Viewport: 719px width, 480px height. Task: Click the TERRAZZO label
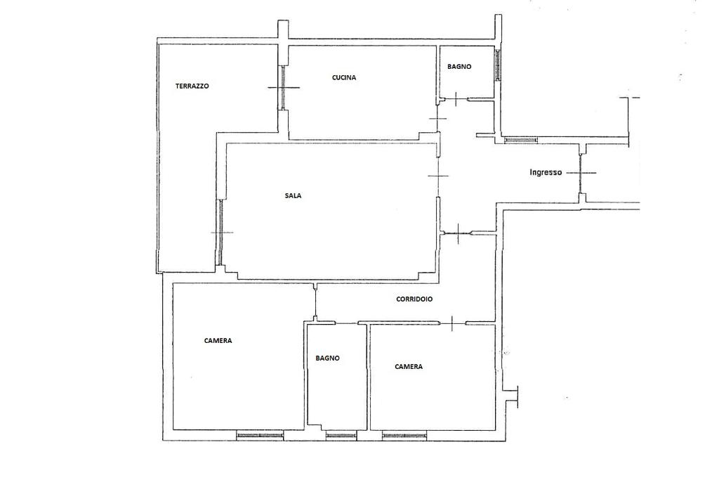coord(192,86)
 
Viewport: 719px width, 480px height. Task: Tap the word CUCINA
coord(344,77)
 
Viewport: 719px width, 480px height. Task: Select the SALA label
coord(293,195)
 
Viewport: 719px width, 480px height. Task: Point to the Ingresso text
coord(546,173)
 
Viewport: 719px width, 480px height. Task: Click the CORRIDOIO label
coord(414,299)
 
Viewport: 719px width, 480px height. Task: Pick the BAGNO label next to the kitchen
coord(459,67)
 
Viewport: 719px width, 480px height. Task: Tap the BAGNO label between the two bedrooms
coord(328,358)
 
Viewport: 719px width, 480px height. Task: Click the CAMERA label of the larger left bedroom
coord(218,340)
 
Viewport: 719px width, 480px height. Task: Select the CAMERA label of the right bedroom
coord(409,367)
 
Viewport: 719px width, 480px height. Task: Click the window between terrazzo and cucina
coord(284,87)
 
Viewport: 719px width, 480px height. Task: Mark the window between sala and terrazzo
coord(220,232)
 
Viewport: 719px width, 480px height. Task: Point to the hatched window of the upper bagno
coord(498,64)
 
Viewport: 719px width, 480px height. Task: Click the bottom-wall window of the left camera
coord(260,435)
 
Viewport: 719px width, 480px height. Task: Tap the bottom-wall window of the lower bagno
coord(341,435)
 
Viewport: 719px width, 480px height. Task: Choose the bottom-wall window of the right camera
coord(404,435)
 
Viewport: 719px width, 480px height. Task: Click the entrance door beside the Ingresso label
coord(581,173)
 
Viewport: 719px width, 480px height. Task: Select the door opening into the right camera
coord(453,323)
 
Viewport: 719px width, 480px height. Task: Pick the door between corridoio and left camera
coord(316,303)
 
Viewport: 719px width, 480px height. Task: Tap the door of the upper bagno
coord(456,99)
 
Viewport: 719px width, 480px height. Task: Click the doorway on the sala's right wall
coord(438,176)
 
